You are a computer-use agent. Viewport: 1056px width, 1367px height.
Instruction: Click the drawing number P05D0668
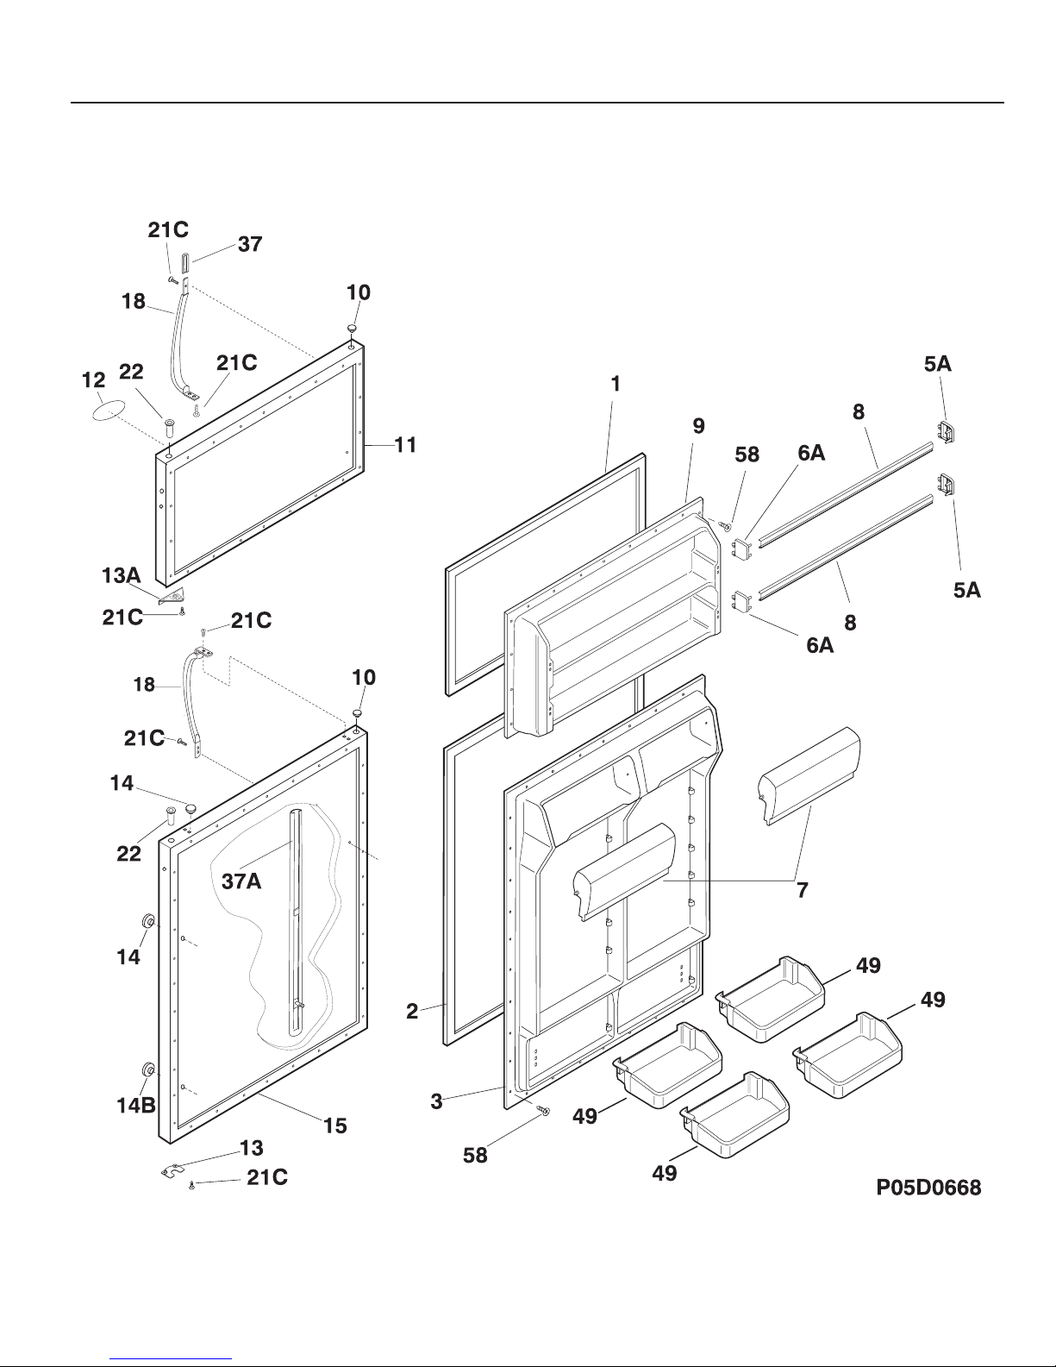coord(928,1187)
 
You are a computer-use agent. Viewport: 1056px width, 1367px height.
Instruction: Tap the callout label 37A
coord(241,881)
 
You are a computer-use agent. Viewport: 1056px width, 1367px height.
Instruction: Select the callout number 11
coord(405,445)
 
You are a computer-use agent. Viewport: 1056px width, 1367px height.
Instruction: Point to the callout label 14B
coord(136,1106)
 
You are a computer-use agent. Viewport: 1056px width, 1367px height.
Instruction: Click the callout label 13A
coord(122,575)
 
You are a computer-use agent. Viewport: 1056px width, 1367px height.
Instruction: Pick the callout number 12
coord(94,380)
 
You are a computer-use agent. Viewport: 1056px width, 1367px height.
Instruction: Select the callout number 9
coord(698,426)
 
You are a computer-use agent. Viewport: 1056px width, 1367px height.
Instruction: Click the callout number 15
coord(335,1126)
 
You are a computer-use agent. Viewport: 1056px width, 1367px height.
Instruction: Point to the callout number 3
coord(436,1100)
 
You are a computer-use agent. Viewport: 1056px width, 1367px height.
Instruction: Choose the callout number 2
coord(412,1011)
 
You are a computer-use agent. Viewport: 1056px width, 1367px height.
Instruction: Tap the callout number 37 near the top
coord(250,244)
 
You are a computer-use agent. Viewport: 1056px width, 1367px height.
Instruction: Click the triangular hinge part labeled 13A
coord(173,595)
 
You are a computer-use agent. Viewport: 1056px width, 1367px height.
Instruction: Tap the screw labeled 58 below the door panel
coord(544,1112)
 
